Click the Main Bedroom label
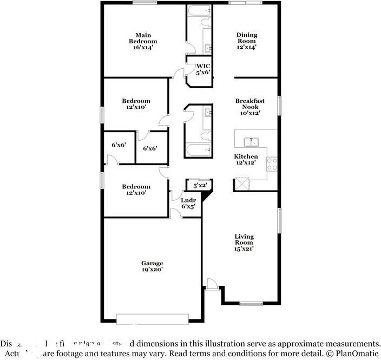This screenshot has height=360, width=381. [143, 41]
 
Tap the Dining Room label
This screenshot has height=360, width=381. [246, 41]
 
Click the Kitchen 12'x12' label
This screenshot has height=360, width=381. [246, 159]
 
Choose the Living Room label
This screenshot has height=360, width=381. [244, 243]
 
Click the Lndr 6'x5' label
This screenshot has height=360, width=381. [188, 203]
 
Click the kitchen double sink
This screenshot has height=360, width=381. [251, 142]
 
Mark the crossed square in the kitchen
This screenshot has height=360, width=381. [240, 185]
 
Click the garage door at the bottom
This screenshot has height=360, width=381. [153, 319]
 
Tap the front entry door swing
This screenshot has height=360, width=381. [212, 284]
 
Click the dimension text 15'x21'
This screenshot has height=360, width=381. [244, 249]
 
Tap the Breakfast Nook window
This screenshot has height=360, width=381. [280, 106]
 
